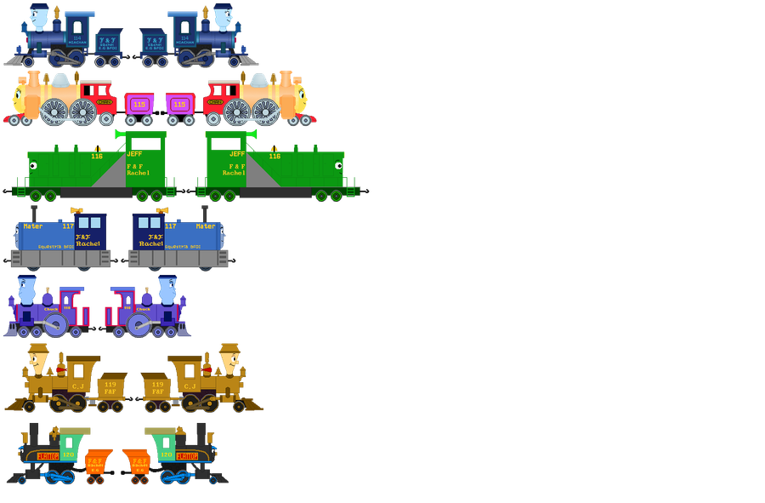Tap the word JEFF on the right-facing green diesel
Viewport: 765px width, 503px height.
[x=237, y=154]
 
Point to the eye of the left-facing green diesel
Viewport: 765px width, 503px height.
[x=34, y=166]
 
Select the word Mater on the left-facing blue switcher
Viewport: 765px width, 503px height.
[x=34, y=226]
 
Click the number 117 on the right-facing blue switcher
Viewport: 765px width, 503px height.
[x=170, y=226]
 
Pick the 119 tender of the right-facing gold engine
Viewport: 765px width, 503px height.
[x=157, y=388]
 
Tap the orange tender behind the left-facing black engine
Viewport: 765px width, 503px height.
[x=98, y=465]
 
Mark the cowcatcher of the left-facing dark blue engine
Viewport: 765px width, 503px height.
[x=15, y=60]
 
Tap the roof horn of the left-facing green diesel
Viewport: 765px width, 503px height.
[x=120, y=134]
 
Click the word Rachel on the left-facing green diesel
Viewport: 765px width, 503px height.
[x=138, y=173]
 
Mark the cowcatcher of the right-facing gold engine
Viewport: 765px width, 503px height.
[x=252, y=404]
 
